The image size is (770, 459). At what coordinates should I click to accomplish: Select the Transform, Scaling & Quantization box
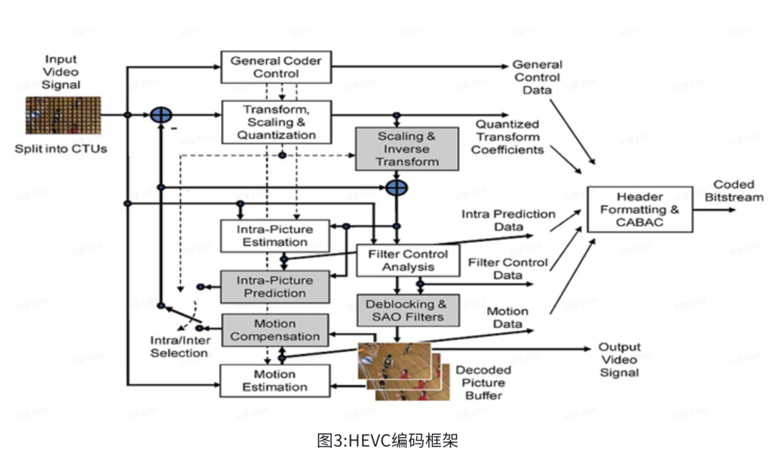[276, 121]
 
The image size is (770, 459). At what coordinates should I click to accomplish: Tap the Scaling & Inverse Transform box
[407, 148]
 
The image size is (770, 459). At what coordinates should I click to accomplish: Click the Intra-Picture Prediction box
[274, 286]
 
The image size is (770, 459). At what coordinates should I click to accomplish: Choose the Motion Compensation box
[274, 329]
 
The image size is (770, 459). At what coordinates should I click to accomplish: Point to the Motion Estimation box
[274, 381]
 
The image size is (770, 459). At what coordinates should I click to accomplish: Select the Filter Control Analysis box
[407, 260]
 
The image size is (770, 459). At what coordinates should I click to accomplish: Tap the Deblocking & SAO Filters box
[407, 310]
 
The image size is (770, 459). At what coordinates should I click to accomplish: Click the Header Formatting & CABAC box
[640, 209]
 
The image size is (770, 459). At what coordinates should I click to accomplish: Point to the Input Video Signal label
[61, 72]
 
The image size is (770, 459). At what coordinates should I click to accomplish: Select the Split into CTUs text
[61, 150]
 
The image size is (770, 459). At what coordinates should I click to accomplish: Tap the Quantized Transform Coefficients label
[508, 137]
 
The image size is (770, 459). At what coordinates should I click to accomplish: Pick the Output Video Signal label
[619, 360]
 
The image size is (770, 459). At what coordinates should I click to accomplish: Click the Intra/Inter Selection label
[179, 346]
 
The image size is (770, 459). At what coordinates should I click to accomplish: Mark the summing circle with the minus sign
[161, 115]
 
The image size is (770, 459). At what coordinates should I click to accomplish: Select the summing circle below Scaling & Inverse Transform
[396, 187]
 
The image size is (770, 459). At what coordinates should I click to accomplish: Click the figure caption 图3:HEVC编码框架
[384, 440]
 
